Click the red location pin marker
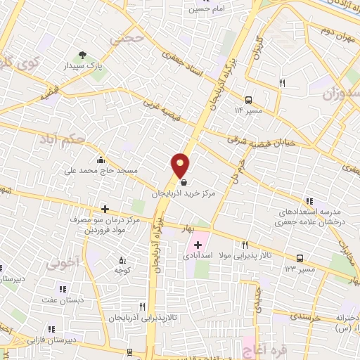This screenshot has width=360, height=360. click(x=181, y=166)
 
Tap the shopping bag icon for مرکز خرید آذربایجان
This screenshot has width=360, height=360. click(x=184, y=183)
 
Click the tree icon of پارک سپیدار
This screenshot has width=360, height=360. click(x=83, y=54)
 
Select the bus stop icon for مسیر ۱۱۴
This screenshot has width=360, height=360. click(x=248, y=99)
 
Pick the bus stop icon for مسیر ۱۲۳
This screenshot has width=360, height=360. click(x=300, y=258)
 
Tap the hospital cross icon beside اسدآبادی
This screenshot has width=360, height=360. click(x=198, y=245)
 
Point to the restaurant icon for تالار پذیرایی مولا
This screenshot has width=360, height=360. click(x=245, y=245)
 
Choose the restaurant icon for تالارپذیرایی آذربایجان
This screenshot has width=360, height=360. click(x=143, y=307)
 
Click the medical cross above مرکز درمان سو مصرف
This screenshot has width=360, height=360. click(x=105, y=209)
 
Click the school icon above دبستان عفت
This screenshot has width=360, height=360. click(x=63, y=288)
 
